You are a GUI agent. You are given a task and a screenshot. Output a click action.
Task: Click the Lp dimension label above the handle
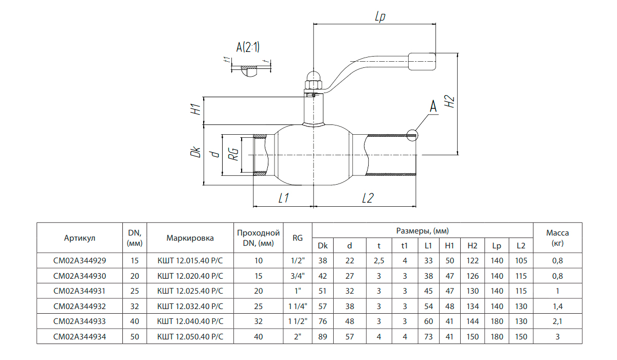pyautogui.click(x=380, y=17)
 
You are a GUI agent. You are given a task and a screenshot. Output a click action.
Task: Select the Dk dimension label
pyautogui.click(x=195, y=153)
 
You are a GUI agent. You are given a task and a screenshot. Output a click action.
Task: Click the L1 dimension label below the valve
pyautogui.click(x=283, y=198)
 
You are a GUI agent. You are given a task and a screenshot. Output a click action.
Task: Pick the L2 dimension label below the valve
pyautogui.click(x=367, y=198)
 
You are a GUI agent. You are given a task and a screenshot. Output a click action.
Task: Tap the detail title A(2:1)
pyautogui.click(x=248, y=48)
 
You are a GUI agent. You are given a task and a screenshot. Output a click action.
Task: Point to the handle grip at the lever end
pyautogui.click(x=422, y=61)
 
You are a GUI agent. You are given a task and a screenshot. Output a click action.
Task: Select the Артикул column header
pyautogui.click(x=80, y=238)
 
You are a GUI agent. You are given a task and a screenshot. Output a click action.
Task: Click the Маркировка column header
pyautogui.click(x=190, y=238)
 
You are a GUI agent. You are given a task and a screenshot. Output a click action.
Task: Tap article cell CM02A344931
pyautogui.click(x=80, y=291)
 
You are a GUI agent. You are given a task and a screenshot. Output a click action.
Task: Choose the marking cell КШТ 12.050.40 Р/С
pyautogui.click(x=190, y=337)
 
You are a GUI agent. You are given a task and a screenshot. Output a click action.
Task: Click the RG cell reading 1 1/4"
pyautogui.click(x=297, y=307)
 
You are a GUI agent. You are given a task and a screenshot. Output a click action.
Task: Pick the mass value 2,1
pyautogui.click(x=557, y=321)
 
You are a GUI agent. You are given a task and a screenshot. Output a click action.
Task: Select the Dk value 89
pyautogui.click(x=322, y=337)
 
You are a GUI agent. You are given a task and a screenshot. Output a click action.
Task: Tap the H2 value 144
pyautogui.click(x=472, y=321)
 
